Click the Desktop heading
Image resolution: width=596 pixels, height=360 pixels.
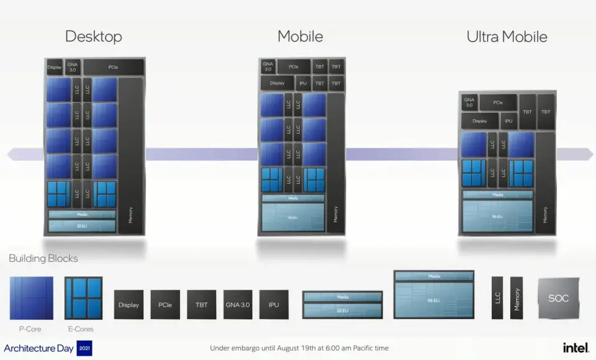coord(93,37)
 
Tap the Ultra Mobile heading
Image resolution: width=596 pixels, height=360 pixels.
coord(507,37)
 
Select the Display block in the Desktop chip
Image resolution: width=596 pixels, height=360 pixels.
coord(55,67)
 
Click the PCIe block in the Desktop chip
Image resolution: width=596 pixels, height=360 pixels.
coord(113,67)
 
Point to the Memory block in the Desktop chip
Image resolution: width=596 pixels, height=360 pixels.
coord(130,155)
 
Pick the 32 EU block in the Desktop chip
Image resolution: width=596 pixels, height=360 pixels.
coord(82,226)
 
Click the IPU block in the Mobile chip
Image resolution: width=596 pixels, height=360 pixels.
coord(303,83)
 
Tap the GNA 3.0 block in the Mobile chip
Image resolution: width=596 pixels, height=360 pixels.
coord(268,66)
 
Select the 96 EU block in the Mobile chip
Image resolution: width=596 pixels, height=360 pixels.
coord(292,218)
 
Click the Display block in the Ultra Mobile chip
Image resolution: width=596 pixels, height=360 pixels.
coord(479,121)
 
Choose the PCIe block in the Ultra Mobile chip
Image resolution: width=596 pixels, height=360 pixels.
coord(498,102)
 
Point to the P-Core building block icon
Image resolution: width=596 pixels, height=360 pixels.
coord(31,298)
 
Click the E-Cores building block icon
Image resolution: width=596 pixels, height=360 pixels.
coord(83,298)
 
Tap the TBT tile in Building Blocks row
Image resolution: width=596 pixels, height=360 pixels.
coord(202,305)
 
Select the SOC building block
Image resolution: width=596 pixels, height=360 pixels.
coord(558,299)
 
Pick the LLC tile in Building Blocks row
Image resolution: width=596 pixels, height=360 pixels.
coord(497,299)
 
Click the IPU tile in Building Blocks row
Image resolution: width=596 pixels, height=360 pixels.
coord(274,305)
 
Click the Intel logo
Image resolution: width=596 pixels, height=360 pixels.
coord(576,348)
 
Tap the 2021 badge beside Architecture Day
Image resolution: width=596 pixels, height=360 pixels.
coord(84,348)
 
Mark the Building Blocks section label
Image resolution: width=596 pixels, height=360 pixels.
coord(43,258)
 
